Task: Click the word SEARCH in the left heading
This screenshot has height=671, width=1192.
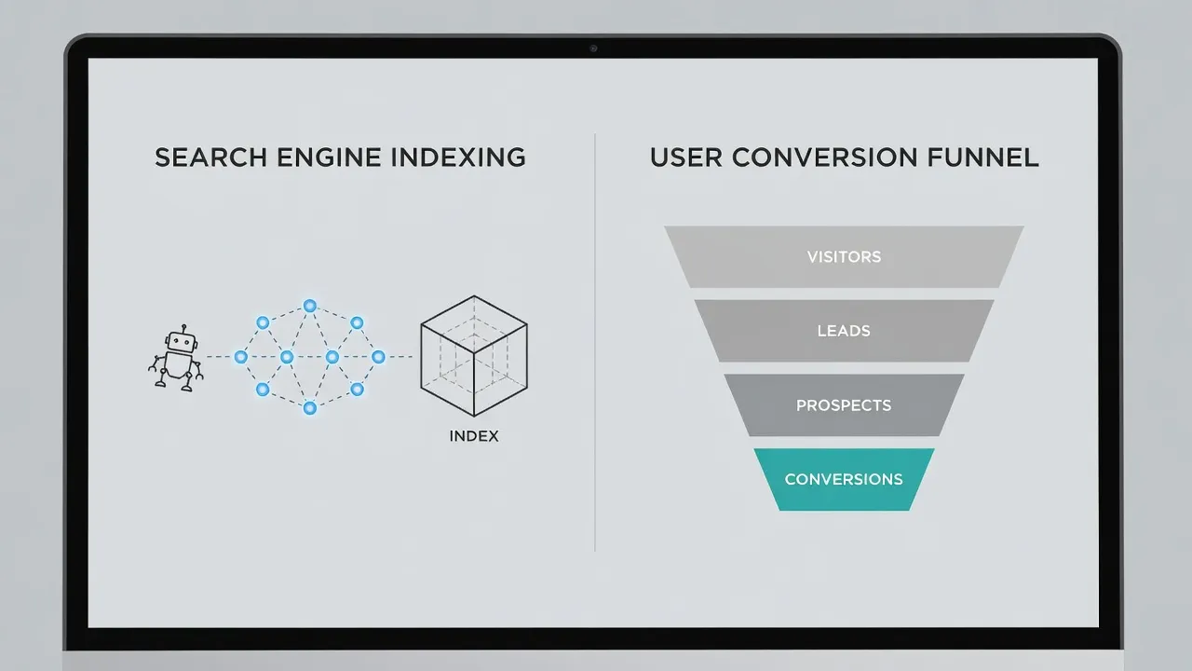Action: (210, 157)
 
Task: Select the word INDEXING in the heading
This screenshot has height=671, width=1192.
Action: (458, 157)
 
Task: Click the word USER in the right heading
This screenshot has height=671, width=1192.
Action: (686, 157)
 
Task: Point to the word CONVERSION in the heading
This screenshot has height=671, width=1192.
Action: (824, 157)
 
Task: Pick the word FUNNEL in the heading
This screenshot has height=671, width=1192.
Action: (982, 157)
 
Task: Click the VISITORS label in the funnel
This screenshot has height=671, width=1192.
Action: (844, 257)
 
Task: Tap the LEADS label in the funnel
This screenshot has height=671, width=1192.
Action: (844, 331)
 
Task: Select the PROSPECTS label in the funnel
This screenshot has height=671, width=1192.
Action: (844, 405)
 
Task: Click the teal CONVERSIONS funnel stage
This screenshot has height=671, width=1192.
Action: (844, 479)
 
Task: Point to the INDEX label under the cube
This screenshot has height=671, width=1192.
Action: (474, 436)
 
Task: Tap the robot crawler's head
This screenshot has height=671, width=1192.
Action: (181, 342)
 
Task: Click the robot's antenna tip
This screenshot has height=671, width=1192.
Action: (183, 326)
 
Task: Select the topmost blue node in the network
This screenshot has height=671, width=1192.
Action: (310, 306)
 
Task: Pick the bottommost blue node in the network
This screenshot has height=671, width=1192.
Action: (310, 408)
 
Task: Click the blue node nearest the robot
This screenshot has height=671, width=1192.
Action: (240, 357)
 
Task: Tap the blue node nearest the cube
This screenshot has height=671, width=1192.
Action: (378, 357)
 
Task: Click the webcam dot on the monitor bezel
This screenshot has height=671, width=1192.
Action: (593, 48)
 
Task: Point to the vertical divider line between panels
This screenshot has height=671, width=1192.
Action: (595, 342)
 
